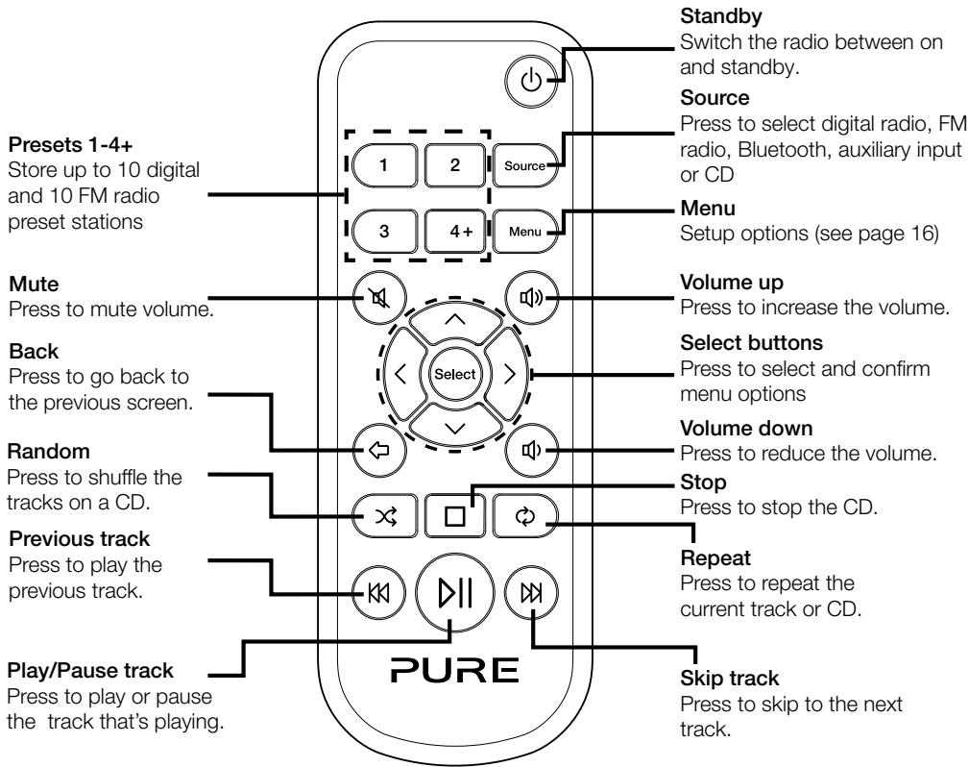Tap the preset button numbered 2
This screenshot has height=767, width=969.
pos(452,165)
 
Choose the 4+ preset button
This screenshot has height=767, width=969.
pos(452,231)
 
